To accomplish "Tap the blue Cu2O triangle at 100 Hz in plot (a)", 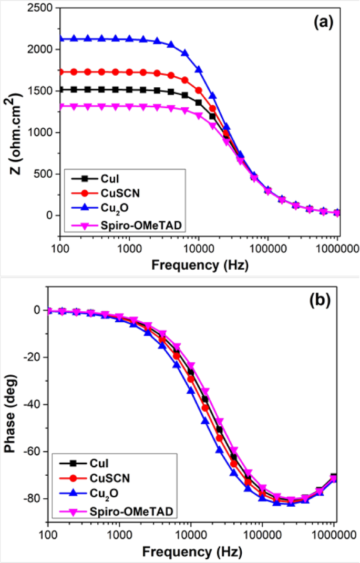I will point(60,38).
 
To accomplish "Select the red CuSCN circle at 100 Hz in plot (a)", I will point(60,72).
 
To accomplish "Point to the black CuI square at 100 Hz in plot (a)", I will point(60,90).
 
